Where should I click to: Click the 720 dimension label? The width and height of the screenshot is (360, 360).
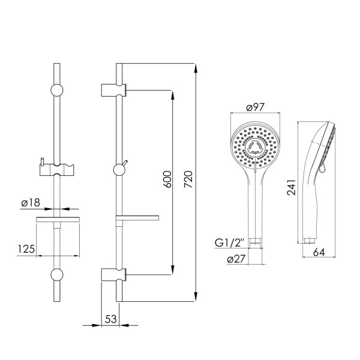click(188, 179)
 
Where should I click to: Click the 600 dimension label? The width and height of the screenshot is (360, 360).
click(167, 179)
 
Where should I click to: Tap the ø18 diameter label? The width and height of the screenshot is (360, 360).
click(31, 203)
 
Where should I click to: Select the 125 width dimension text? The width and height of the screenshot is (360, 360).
click(26, 249)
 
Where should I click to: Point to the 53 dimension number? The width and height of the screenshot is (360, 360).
click(111, 319)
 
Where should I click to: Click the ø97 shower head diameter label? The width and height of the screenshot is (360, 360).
click(256, 107)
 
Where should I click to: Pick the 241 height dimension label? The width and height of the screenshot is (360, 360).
click(292, 187)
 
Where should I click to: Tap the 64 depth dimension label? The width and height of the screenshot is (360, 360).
click(319, 252)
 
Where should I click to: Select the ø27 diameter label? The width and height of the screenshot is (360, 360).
click(236, 259)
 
